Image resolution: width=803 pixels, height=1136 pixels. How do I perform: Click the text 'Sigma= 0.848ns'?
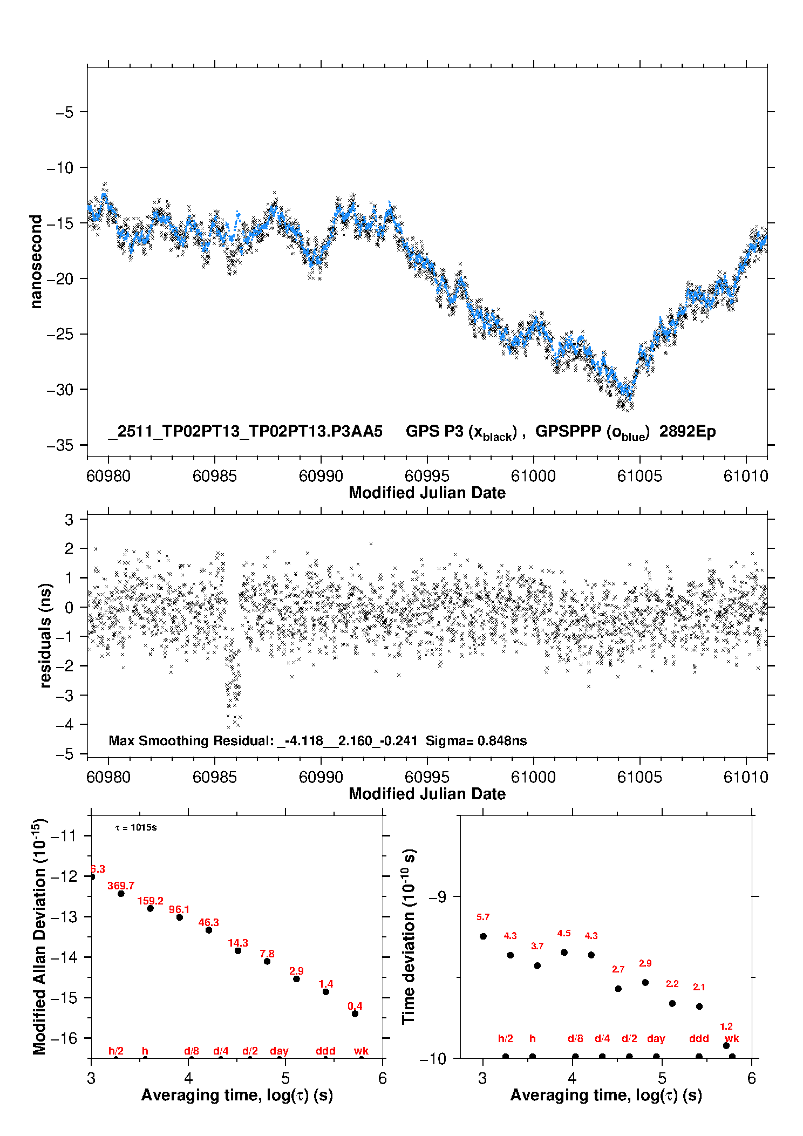pos(476,740)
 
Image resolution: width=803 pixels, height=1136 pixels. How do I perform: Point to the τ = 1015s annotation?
pos(136,828)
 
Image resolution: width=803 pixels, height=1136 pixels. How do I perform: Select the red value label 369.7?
pos(121,886)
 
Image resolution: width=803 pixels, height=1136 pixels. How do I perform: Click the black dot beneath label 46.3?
pos(209,930)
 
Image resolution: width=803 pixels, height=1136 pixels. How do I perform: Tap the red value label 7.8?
pos(267,954)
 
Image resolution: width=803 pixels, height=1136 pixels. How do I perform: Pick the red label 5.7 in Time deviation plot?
pos(483,917)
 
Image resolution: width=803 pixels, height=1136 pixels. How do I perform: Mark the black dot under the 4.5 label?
pos(564,953)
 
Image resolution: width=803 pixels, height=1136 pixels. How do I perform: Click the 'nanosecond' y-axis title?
pos(36,262)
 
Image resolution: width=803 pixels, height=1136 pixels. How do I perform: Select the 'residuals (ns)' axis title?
pos(46,635)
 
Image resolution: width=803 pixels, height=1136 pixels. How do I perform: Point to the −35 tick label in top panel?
pos(60,445)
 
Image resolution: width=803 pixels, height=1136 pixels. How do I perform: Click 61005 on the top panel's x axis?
pos(639,476)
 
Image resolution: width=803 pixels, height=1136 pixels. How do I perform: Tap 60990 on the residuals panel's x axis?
pos(321,777)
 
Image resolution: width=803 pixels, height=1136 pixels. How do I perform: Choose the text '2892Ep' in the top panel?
pos(688,432)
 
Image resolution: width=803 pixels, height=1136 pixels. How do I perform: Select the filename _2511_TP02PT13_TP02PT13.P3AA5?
pos(246,432)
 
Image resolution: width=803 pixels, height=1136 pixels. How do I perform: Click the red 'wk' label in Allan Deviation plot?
pos(361,1051)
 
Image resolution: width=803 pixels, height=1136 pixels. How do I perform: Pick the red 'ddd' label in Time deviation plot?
pos(699,1038)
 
